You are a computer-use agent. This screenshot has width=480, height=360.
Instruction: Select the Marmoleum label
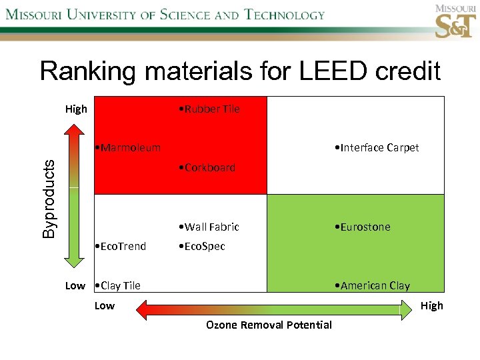[x=127, y=147]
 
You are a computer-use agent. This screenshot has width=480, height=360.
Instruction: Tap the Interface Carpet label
[x=377, y=148]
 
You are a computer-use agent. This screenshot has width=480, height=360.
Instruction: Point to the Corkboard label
[x=207, y=167]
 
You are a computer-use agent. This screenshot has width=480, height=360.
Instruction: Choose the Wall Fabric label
[x=209, y=227]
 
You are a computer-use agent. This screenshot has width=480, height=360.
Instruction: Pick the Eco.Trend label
[x=121, y=246]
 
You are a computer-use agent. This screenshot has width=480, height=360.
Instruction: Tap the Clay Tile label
[x=118, y=285]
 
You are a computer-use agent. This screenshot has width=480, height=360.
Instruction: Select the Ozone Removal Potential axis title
[x=269, y=325]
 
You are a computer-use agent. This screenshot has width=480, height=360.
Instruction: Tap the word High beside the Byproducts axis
[x=76, y=109]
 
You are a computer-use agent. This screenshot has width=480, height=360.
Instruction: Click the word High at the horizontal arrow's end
[x=431, y=305]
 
